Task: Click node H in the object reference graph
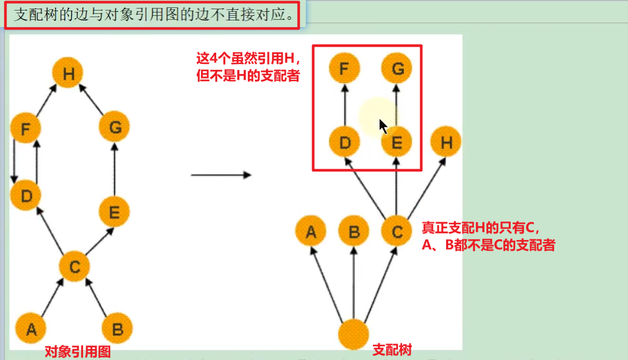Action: coord(68,75)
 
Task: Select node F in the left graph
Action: coord(26,128)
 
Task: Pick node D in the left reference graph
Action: coord(26,196)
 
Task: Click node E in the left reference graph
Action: coord(114,212)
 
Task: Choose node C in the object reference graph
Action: coord(74,267)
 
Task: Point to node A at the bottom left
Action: coord(30,328)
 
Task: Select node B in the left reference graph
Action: coord(117,328)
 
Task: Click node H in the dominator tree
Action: coord(446,142)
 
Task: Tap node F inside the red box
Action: coord(344,68)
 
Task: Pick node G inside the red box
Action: coord(396,68)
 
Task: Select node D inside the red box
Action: coord(344,142)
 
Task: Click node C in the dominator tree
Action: coord(396,232)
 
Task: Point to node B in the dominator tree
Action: coord(354,232)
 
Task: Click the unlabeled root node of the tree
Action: coord(354,334)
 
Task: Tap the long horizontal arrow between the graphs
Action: coord(221,175)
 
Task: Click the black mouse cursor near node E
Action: coord(383,126)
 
